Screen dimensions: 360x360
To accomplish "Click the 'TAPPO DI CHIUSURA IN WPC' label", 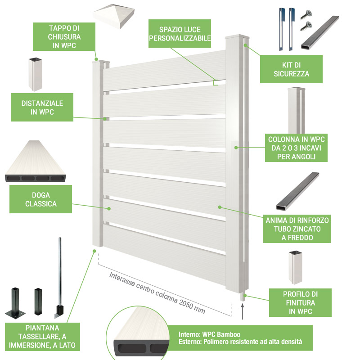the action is point(64,37).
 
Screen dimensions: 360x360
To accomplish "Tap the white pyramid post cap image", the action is point(114,16).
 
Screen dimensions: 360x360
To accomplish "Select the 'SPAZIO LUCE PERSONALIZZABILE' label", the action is point(180,33).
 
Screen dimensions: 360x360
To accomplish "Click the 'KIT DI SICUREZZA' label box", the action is point(291,69).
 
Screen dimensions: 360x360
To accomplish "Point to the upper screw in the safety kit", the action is point(306,14).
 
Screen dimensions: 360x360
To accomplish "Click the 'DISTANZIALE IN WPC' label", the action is point(42,107).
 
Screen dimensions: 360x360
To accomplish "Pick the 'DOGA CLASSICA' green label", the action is point(40,199).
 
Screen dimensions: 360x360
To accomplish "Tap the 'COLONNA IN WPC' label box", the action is point(296,148).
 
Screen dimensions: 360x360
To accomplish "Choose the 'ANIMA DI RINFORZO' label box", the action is point(297,229).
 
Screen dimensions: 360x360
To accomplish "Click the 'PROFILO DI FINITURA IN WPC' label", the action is point(300,302).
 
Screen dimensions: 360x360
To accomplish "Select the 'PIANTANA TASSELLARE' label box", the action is point(42,337).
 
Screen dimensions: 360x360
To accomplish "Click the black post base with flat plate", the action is point(15,303).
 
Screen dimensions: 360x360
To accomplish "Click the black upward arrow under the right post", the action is point(243,311).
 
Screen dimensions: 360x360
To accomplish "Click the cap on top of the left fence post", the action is point(101,62).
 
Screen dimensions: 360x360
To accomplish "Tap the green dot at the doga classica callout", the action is point(109,208).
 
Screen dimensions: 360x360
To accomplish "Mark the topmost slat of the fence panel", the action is point(164,71).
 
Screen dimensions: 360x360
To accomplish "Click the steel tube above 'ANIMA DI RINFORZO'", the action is point(297,191).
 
